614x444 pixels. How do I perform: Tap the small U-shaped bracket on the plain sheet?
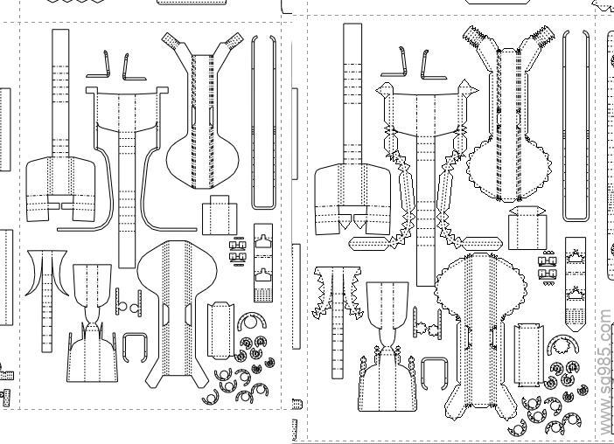click(x=134, y=347)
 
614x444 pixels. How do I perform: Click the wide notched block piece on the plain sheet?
click(x=59, y=188)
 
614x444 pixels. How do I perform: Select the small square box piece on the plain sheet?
click(x=219, y=216)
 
